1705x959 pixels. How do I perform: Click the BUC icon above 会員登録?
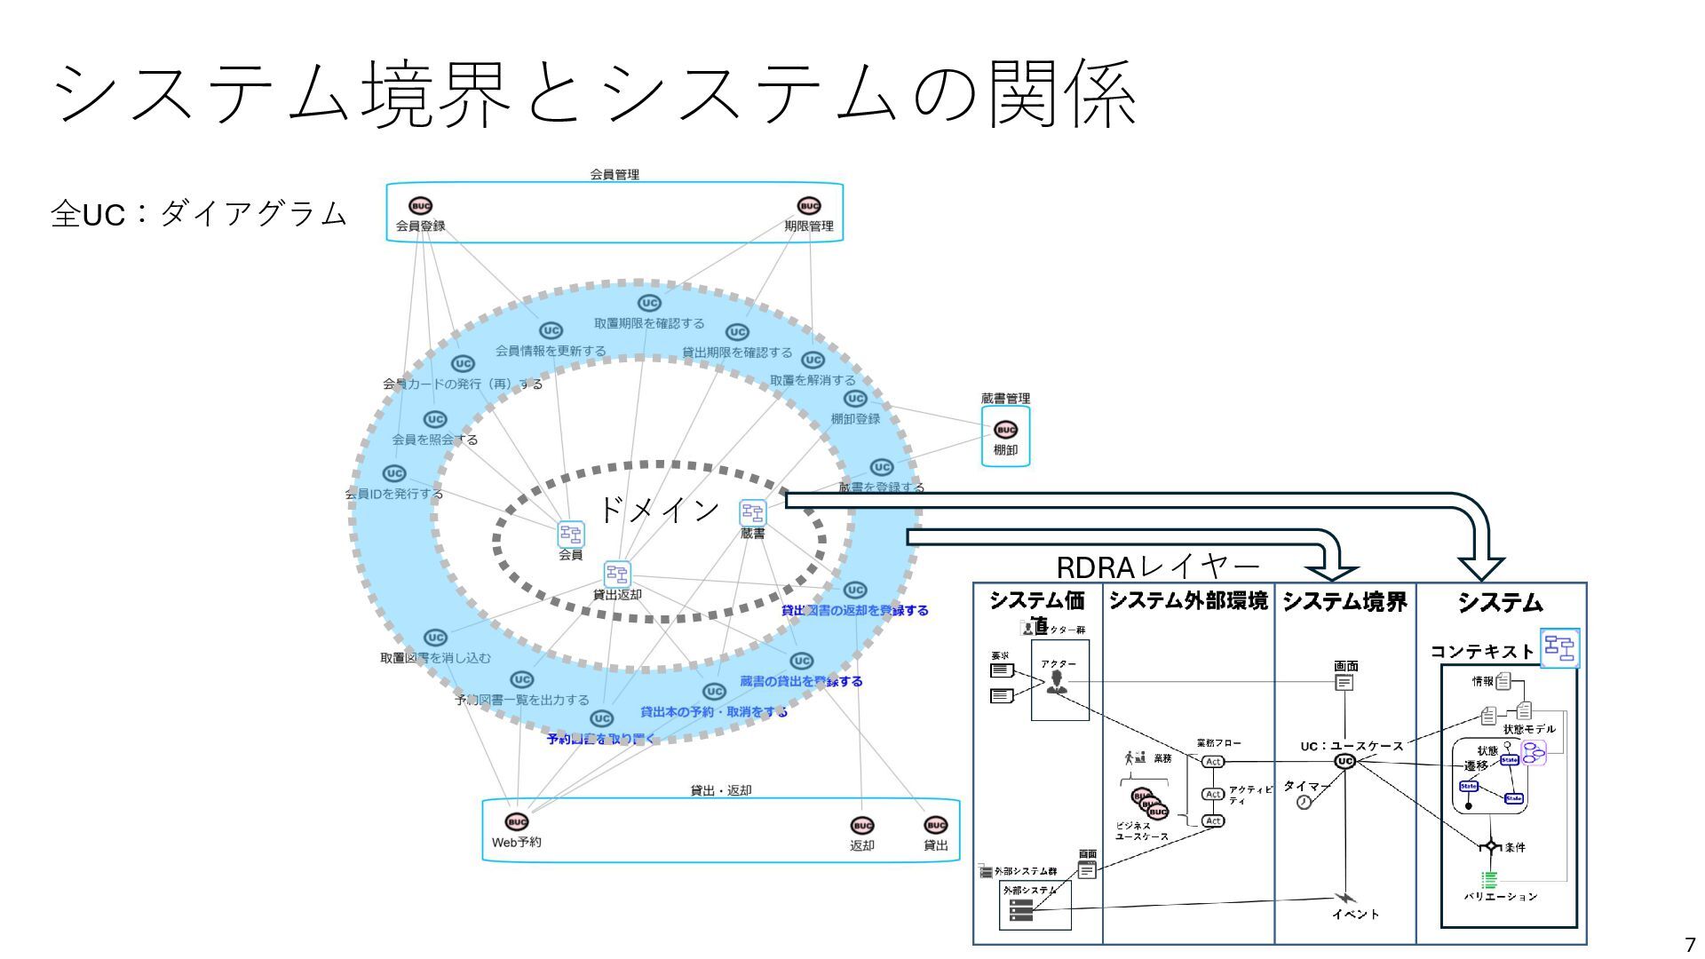421,207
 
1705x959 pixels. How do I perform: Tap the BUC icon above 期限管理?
808,207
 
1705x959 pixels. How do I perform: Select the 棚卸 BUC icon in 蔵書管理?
1005,430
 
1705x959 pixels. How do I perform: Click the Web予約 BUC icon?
516,822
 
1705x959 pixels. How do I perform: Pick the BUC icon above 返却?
861,826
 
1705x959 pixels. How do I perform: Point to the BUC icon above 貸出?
936,826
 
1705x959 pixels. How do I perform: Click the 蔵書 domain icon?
752,512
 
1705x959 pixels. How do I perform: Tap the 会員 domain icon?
570,534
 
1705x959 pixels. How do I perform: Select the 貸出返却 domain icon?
616,574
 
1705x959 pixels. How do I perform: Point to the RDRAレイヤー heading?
1158,567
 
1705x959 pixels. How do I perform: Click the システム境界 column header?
1344,602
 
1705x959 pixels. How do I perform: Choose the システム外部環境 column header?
1188,601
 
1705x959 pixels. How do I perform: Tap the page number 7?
1689,944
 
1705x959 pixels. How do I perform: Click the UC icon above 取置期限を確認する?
649,303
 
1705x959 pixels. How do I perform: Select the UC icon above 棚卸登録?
854,399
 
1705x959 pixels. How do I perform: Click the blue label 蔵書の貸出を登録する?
801,681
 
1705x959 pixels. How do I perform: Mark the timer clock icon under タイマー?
1304,802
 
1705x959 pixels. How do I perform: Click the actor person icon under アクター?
1057,682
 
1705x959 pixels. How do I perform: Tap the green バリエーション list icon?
1489,879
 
